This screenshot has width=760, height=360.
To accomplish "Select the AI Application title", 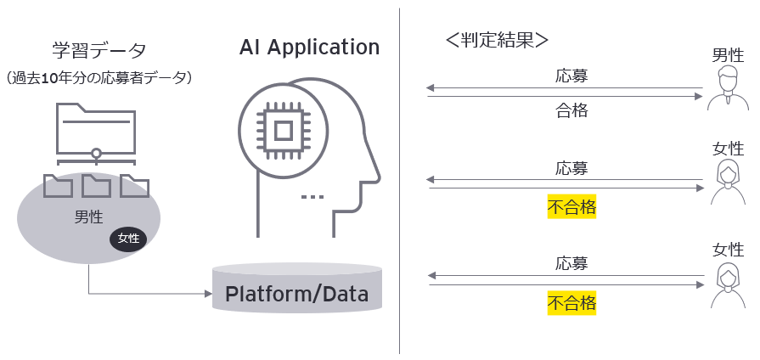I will click(x=309, y=47).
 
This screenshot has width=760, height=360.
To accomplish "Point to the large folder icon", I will click(x=97, y=127).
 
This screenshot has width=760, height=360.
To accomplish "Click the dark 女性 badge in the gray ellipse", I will click(x=128, y=239).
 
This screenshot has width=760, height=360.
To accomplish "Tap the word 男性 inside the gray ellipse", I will click(x=88, y=217).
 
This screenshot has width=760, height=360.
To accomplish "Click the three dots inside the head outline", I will click(x=312, y=197).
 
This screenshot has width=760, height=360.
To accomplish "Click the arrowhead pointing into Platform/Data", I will click(x=206, y=295).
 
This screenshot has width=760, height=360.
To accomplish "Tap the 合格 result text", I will click(x=571, y=110).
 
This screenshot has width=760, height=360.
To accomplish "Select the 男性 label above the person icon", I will click(x=728, y=56).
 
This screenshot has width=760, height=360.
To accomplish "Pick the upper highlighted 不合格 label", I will click(x=571, y=206).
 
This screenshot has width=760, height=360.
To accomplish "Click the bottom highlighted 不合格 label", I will click(x=571, y=302).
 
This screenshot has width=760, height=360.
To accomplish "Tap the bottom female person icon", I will click(x=728, y=284).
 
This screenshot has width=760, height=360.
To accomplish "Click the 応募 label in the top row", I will click(x=571, y=75).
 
